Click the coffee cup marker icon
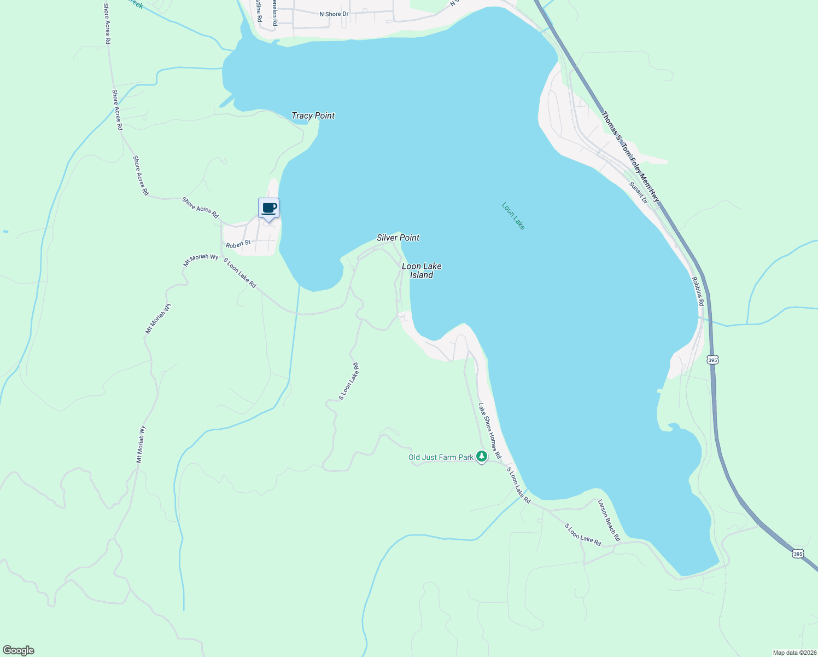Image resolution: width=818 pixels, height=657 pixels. point(268,209)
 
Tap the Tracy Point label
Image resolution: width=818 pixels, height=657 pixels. point(313,116)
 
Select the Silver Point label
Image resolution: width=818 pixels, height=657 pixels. point(398,238)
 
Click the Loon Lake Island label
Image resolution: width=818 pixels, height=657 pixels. point(422,270)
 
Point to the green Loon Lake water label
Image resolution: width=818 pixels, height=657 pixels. point(513,216)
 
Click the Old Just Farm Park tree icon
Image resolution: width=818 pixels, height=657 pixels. point(481,456)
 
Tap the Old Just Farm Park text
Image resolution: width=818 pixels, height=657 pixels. point(441,457)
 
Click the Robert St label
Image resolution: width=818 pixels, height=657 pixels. point(238,244)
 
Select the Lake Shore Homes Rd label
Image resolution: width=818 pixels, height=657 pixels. point(490,431)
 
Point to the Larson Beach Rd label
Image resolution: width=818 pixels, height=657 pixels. point(609,520)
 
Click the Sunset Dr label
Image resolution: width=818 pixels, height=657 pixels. point(638,193)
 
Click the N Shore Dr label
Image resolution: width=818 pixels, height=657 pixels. point(334,14)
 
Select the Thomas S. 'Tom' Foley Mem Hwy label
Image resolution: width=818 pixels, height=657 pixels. point(630,157)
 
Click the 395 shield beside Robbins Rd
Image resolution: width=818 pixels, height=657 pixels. point(712,360)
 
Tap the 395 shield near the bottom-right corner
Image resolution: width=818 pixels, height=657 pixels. point(798,554)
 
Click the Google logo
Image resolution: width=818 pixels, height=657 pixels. point(18,650)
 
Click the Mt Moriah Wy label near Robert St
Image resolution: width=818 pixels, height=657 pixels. point(201,261)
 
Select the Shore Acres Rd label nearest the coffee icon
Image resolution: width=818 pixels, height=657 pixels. point(200,208)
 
